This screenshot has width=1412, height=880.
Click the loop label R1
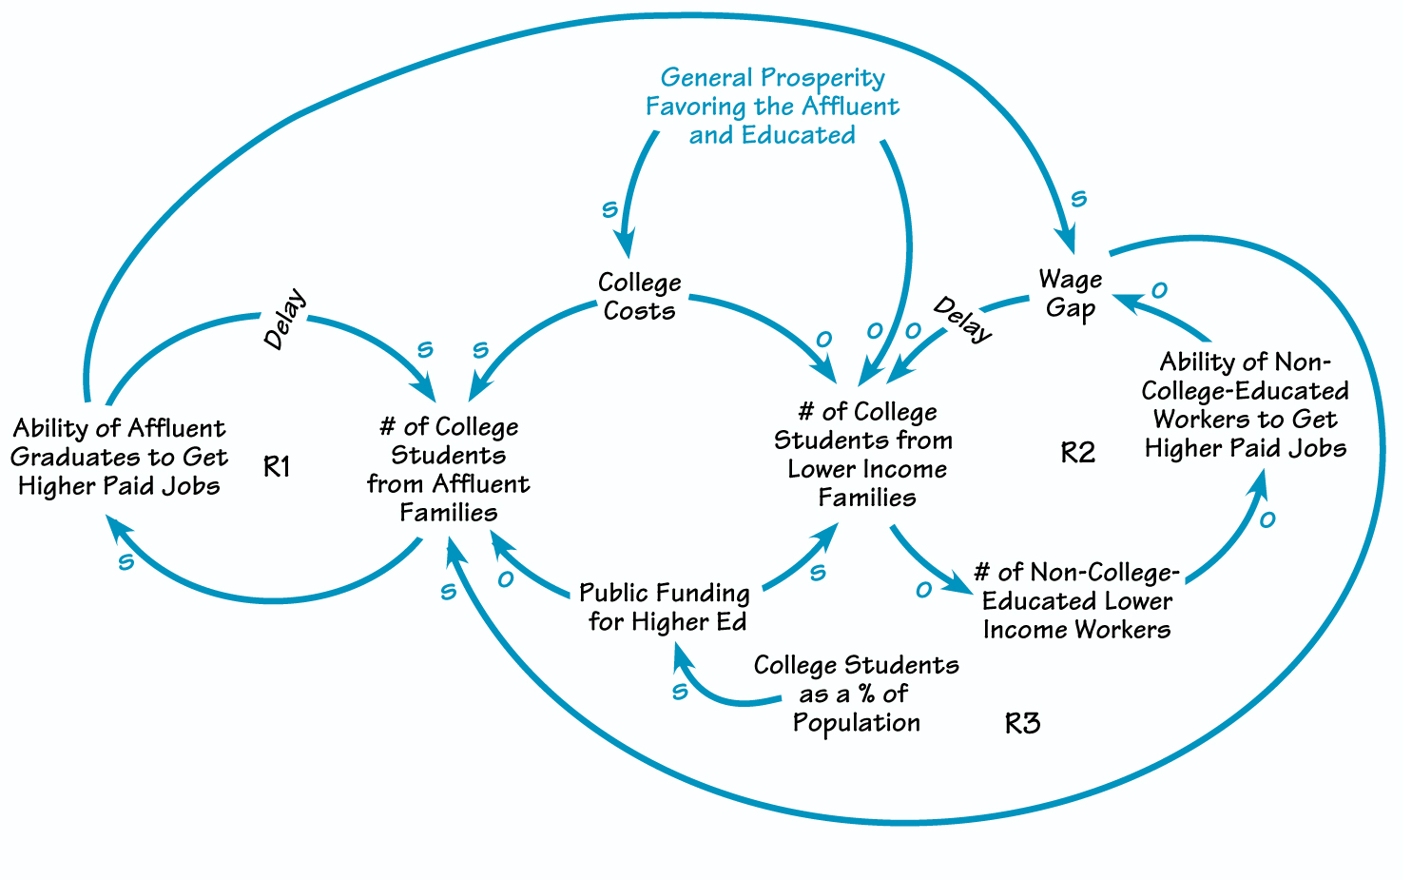(x=276, y=466)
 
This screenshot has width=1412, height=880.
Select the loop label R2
(x=1077, y=453)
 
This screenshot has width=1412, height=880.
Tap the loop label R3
(x=1022, y=724)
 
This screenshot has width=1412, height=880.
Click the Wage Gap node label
(x=1071, y=294)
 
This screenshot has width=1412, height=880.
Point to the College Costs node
(x=639, y=297)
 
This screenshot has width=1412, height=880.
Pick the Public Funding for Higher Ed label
(x=666, y=608)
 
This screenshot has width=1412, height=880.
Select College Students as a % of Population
(x=856, y=694)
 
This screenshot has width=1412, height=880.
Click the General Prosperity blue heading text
(x=772, y=106)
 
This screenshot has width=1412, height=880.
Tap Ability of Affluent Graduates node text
(x=119, y=458)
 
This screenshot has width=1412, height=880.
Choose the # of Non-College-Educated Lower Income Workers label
(x=1076, y=601)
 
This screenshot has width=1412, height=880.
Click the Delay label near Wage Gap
(x=962, y=319)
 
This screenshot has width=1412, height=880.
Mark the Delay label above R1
(x=285, y=319)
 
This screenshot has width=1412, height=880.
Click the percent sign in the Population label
(x=865, y=694)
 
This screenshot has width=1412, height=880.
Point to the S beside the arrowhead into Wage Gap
(x=1078, y=199)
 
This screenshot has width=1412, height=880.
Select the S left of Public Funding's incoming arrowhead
(x=679, y=692)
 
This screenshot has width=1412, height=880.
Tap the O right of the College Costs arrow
(x=823, y=339)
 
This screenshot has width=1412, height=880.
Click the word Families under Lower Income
(x=867, y=498)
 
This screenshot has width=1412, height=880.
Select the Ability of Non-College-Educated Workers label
(x=1246, y=405)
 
